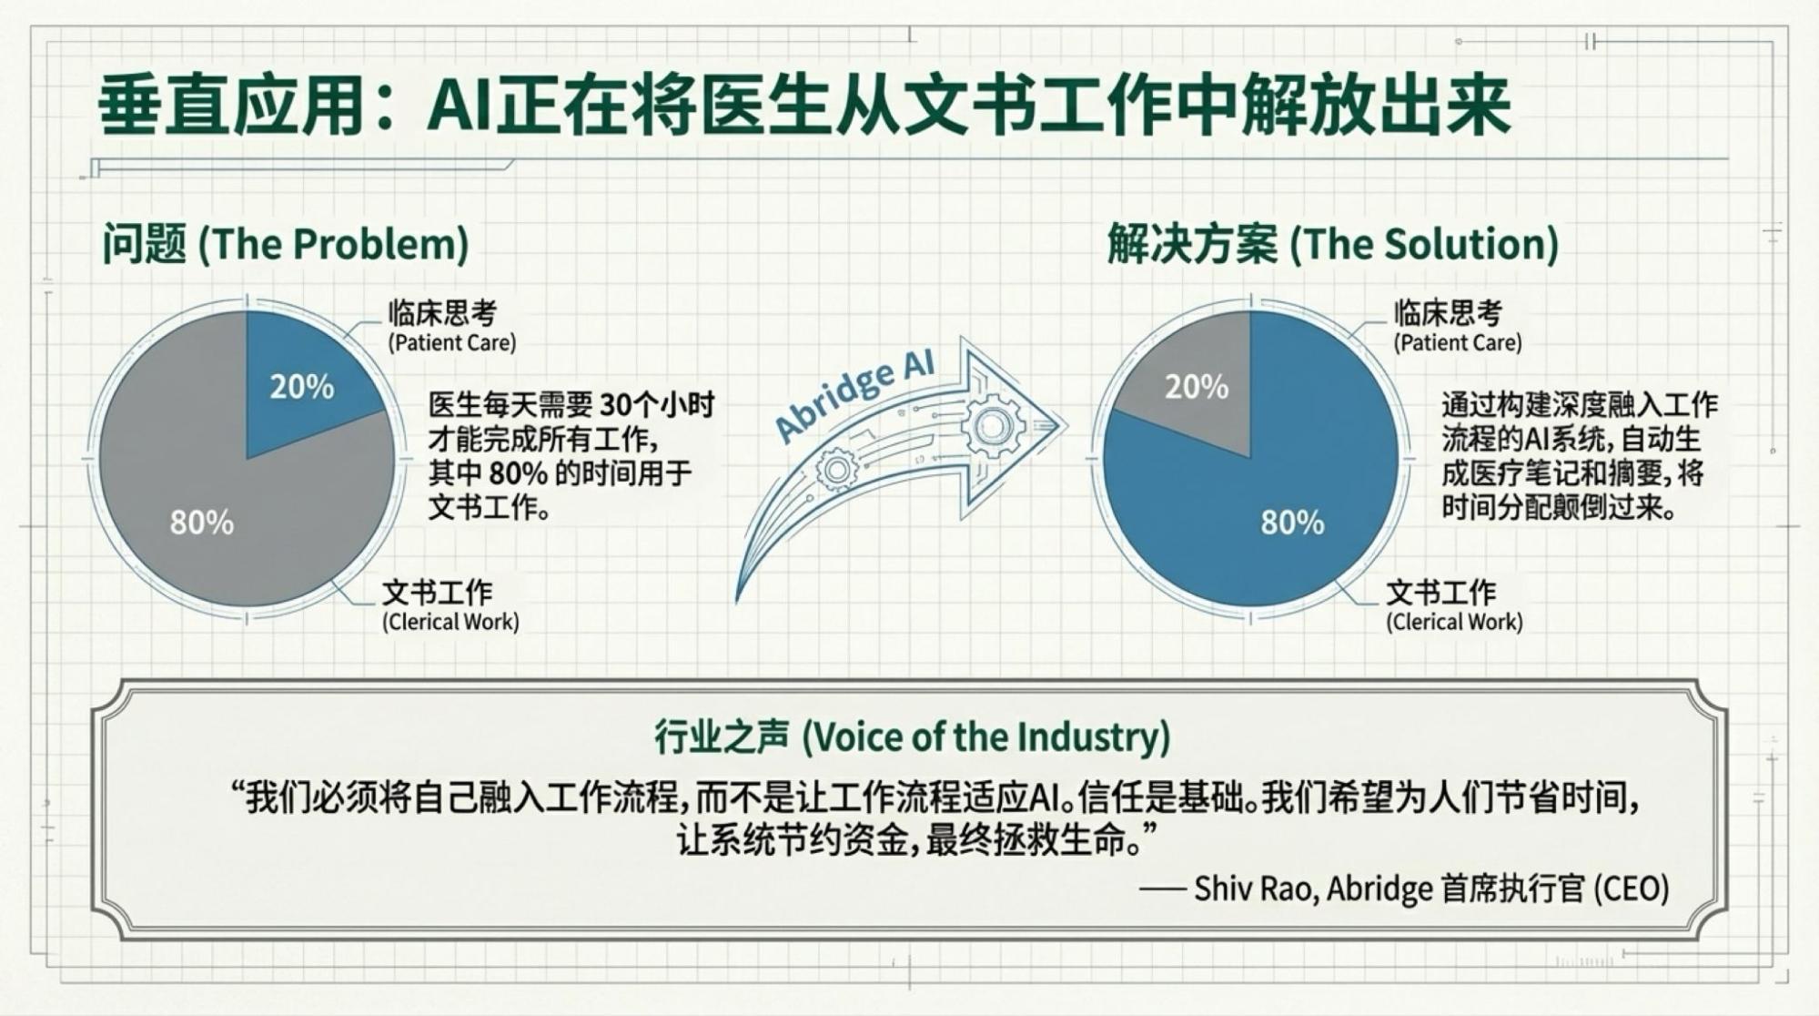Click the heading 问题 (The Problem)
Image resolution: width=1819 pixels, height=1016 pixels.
tap(285, 244)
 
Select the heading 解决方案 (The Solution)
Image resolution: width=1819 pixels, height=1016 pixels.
tap(1332, 244)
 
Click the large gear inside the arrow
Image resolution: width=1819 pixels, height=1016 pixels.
tap(992, 425)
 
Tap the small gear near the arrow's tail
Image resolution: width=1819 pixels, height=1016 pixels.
tap(837, 471)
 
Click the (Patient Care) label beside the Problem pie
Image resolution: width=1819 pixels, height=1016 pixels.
tap(452, 343)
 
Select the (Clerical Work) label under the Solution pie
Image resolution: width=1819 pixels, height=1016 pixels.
tap(1454, 623)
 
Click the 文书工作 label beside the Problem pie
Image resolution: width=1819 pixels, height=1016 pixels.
tap(437, 593)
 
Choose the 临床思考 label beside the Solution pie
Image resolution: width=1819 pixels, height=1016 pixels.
tap(1448, 313)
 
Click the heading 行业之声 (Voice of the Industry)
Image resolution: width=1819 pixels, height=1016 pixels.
tap(912, 737)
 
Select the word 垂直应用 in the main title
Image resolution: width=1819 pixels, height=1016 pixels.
tap(232, 107)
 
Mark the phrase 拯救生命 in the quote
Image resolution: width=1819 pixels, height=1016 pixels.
tap(1061, 840)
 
